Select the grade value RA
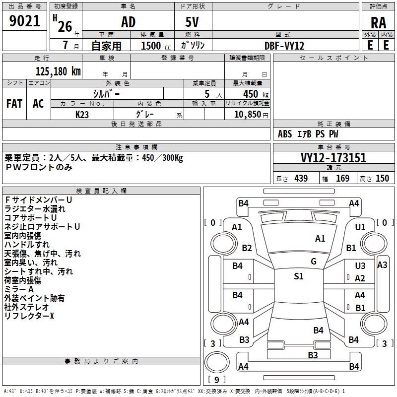coord(378,23)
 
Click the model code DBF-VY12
coord(284,46)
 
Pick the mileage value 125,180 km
coord(58,71)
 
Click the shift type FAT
coord(14,103)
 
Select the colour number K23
coord(82,114)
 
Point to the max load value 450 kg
coord(253,94)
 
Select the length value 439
coord(301,179)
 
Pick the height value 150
coord(382,179)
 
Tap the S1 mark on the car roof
coord(298,276)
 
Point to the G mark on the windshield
coord(313,262)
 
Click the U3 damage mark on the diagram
coord(360,266)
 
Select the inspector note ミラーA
coord(19,289)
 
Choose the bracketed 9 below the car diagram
coord(217,380)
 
